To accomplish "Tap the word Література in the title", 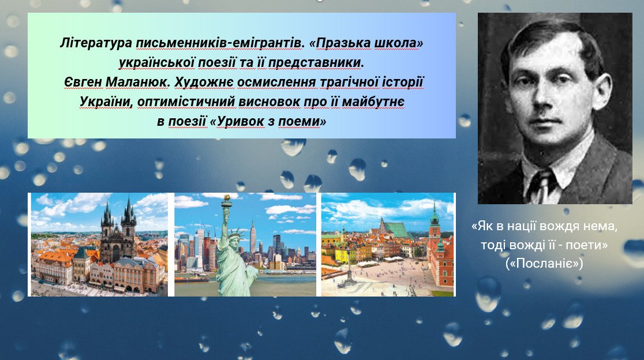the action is pos(96,43).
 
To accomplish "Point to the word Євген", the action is pos(83,82).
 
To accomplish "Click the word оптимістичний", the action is pos(186,102).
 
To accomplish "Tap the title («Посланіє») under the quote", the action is pos(544,263).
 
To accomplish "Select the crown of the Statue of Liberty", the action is pos(235,234).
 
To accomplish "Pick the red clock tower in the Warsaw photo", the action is pos(434,230).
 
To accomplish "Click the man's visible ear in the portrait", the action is pos(601,91).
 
